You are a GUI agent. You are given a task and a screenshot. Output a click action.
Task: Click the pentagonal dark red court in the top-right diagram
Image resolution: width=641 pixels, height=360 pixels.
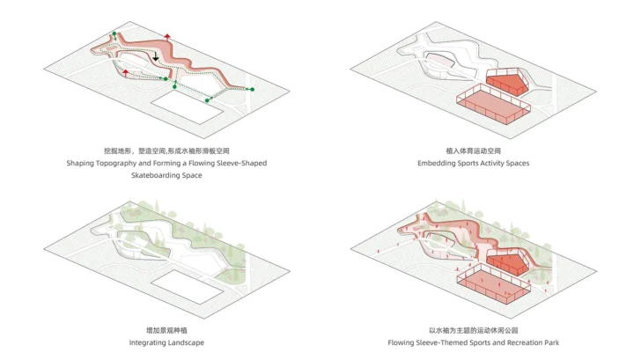point(506,82)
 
